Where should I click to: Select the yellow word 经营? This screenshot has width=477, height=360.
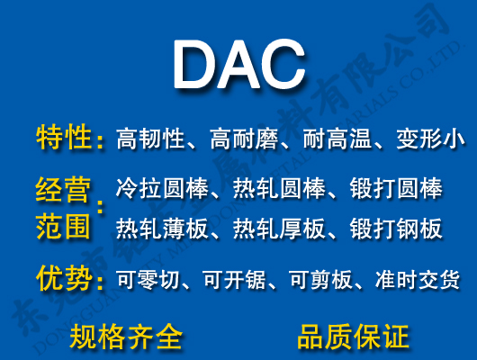[64, 190]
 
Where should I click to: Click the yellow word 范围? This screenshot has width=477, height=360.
[64, 226]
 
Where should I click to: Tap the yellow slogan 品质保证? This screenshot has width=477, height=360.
[354, 337]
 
